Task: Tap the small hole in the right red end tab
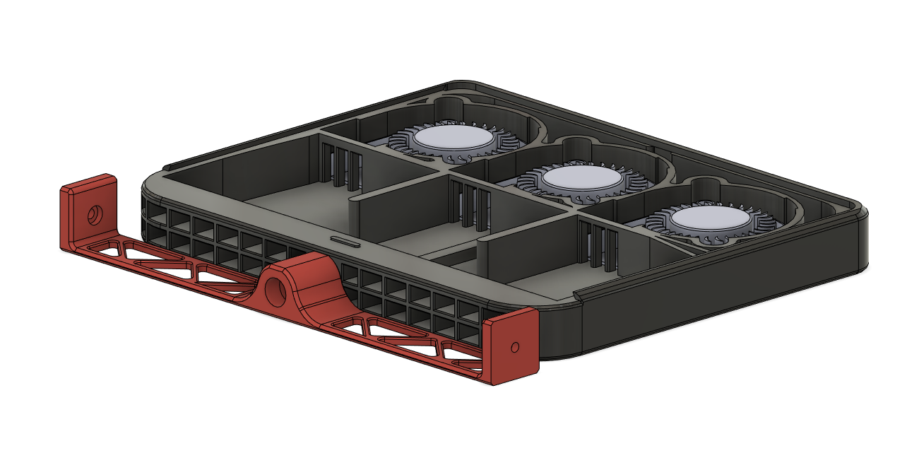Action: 514,347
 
